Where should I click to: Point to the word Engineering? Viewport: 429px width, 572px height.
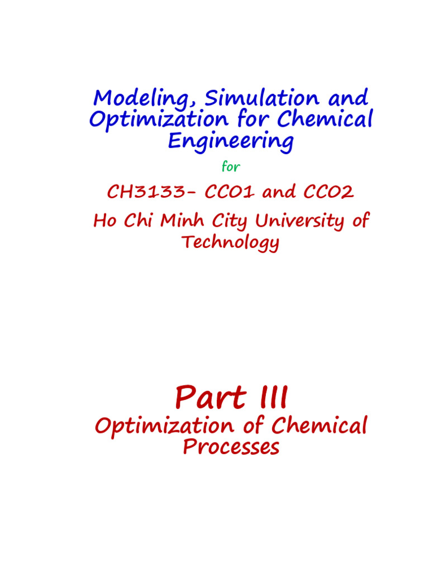click(231, 141)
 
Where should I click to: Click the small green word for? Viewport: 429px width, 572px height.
click(230, 166)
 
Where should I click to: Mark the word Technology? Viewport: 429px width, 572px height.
click(230, 242)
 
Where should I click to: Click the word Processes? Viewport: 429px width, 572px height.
click(231, 447)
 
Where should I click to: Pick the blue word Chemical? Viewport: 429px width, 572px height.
click(326, 119)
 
